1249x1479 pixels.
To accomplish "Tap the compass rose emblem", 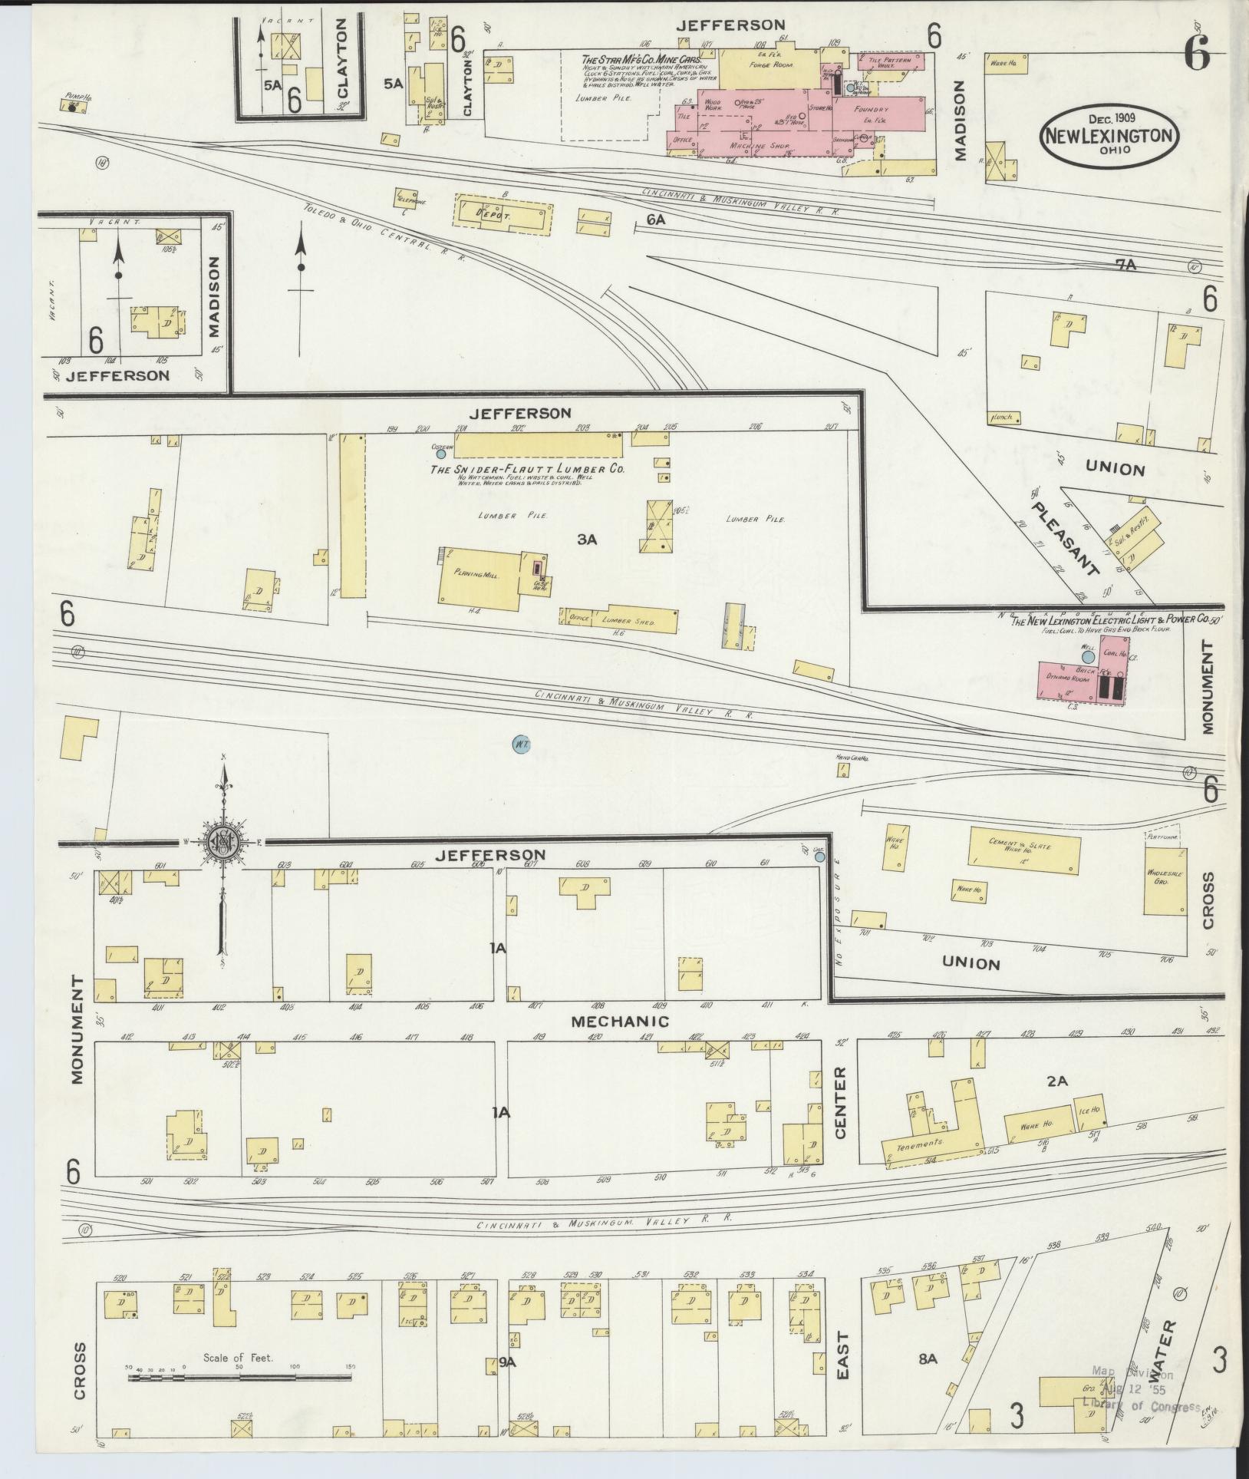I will (223, 842).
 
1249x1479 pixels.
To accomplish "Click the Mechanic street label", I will (619, 1022).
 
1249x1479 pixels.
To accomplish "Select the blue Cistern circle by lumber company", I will (441, 454).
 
